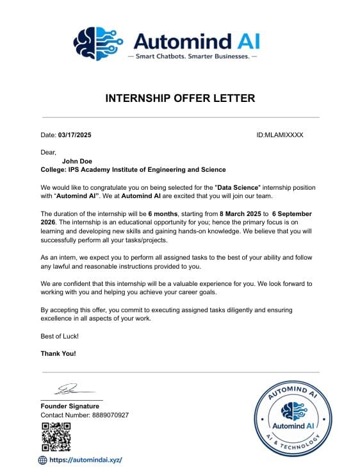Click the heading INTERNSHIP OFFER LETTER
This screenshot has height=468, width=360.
point(180,98)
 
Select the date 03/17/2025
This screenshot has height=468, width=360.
point(75,135)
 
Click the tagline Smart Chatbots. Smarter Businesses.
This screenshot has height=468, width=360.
point(192,56)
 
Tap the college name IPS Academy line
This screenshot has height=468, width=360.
point(133,170)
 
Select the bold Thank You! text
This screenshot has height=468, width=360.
point(58,353)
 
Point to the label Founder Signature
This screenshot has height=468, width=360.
point(70,406)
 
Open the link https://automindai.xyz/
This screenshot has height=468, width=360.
point(85,460)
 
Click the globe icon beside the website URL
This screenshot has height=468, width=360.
point(43,460)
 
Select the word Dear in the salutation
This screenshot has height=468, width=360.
point(48,152)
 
